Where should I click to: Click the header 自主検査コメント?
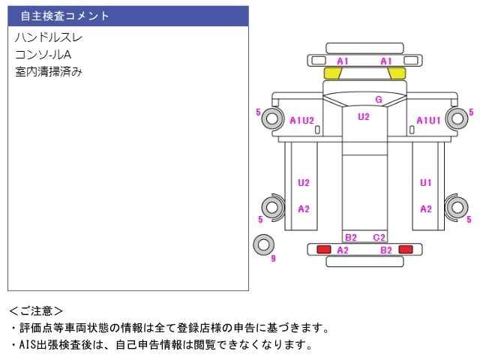point(64,16)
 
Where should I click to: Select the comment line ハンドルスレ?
point(49,37)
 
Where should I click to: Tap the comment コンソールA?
point(43,55)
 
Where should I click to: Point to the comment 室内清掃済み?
point(49,72)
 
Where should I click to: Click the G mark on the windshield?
point(379,100)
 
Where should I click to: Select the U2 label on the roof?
point(364,117)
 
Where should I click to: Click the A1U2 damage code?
point(301,121)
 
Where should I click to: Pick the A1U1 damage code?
point(428,121)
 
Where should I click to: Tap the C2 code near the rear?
point(379,237)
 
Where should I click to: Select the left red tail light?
point(324,250)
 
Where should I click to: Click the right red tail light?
point(406,250)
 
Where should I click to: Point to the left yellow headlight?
point(332,73)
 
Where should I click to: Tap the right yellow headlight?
point(397,73)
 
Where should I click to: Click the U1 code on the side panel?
point(426,183)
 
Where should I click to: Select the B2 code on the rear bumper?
point(386,250)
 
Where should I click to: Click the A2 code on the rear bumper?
point(343,250)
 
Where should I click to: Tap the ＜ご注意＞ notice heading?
point(36,311)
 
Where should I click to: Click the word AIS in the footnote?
point(28,345)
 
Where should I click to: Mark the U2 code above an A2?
point(304,183)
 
